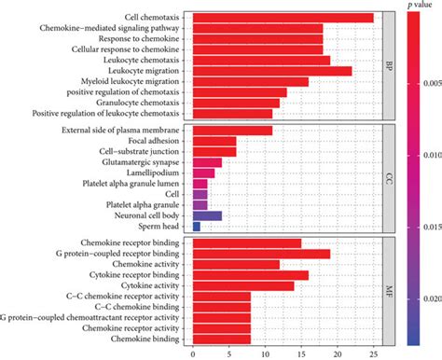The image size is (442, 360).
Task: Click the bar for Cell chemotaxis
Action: [x=282, y=18]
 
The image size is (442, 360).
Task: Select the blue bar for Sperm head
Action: [x=196, y=227]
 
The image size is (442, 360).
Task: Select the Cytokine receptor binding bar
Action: [x=250, y=275]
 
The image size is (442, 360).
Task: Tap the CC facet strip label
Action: [x=389, y=177]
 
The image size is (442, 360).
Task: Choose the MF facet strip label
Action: [x=389, y=291]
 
